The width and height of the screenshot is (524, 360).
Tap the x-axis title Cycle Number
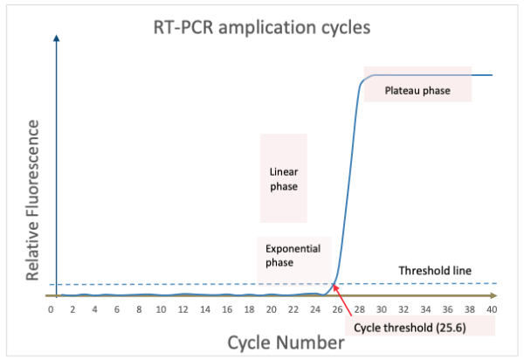pyautogui.click(x=286, y=343)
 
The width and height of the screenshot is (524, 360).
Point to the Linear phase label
pyautogui.click(x=283, y=178)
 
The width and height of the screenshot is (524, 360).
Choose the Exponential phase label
pyautogui.click(x=293, y=254)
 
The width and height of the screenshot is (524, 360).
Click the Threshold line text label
pyautogui.click(x=434, y=270)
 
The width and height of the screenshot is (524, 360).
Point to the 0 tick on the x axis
pyautogui.click(x=52, y=309)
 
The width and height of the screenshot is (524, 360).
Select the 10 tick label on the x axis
pyautogui.click(x=161, y=309)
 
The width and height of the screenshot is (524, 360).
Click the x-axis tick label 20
pyautogui.click(x=271, y=309)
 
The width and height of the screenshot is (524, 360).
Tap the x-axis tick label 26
pyautogui.click(x=337, y=309)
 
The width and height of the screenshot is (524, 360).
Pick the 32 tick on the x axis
pyautogui.click(x=403, y=309)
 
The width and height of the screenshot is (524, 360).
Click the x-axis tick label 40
pyautogui.click(x=493, y=309)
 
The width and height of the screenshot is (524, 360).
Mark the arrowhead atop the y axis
pyautogui.click(x=57, y=38)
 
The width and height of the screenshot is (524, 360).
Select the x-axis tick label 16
pyautogui.click(x=227, y=309)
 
